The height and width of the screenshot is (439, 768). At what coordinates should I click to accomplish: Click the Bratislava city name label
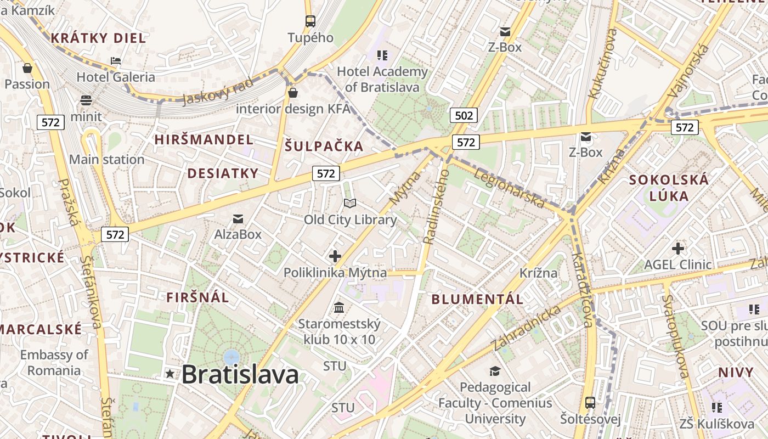coord(240,375)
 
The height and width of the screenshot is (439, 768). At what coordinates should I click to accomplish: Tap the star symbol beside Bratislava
coord(170,374)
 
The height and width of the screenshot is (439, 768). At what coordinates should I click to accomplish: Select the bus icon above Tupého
coord(310,21)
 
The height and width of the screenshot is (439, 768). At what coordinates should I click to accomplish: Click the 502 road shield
coord(464,115)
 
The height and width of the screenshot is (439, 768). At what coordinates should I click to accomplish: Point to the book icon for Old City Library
coord(350,204)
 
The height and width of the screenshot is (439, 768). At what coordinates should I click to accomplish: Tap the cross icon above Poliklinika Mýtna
coord(335,256)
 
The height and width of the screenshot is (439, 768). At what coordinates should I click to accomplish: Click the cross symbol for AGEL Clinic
coord(678,249)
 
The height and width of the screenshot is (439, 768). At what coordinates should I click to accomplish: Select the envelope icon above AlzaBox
coord(238,219)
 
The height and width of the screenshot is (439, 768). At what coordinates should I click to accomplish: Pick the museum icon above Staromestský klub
coord(339,307)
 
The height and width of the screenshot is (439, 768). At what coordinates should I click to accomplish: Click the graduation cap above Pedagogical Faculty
coord(495,371)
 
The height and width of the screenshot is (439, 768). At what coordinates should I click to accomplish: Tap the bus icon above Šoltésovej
coord(590,403)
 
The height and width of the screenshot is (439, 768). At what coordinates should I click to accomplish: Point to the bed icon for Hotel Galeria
coord(116,60)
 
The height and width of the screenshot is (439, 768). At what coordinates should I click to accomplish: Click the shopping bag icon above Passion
coord(27,68)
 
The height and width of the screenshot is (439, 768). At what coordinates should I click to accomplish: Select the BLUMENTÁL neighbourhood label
coord(477,299)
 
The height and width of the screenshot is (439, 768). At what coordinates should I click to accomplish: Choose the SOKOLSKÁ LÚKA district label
coord(669,188)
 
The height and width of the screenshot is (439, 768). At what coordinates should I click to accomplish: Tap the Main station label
coord(106,160)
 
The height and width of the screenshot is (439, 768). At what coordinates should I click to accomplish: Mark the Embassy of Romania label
coord(54,362)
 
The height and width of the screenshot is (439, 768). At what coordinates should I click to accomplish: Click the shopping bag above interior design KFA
coord(292,92)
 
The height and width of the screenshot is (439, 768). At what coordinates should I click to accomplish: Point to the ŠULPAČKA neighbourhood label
coord(324,146)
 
